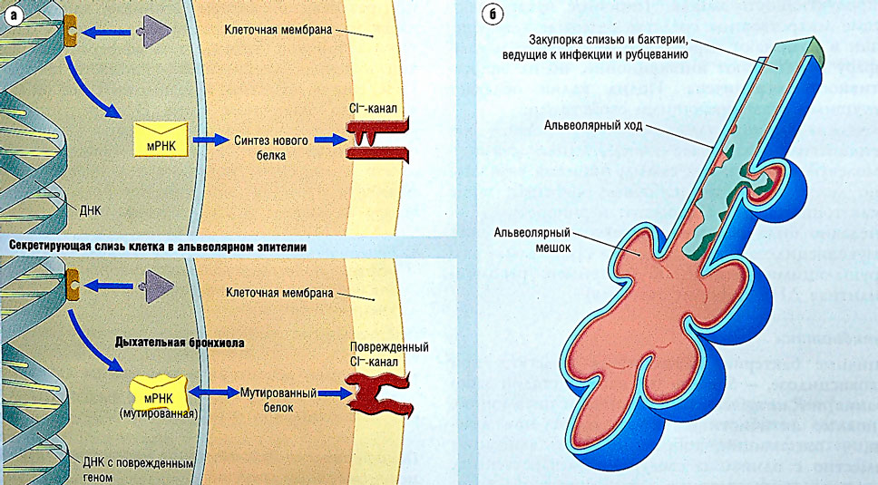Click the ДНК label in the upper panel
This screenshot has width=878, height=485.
point(91,209)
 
